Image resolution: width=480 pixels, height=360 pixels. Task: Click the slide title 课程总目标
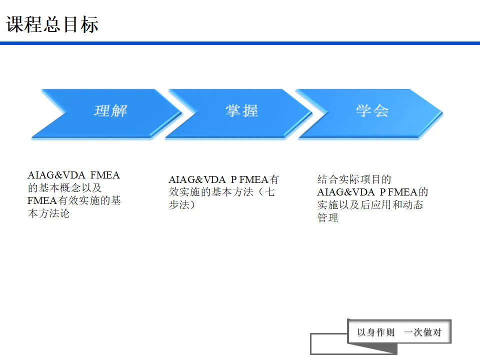tap(52, 24)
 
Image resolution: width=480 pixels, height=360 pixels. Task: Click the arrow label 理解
tap(110, 110)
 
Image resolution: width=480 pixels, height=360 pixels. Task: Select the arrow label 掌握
tap(241, 110)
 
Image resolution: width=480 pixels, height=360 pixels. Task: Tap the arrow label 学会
tap(372, 110)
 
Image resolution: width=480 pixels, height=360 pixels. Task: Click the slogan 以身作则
tap(376, 332)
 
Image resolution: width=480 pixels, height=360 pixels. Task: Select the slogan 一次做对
tap(422, 332)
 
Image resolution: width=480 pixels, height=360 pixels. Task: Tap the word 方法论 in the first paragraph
tap(54, 213)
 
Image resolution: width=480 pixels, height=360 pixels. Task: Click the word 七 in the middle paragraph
tap(270, 192)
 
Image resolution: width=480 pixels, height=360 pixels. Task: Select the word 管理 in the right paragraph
tap(327, 218)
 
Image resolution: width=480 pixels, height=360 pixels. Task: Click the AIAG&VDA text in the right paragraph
tap(345, 192)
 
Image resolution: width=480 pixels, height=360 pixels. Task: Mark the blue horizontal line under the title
tap(240, 43)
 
